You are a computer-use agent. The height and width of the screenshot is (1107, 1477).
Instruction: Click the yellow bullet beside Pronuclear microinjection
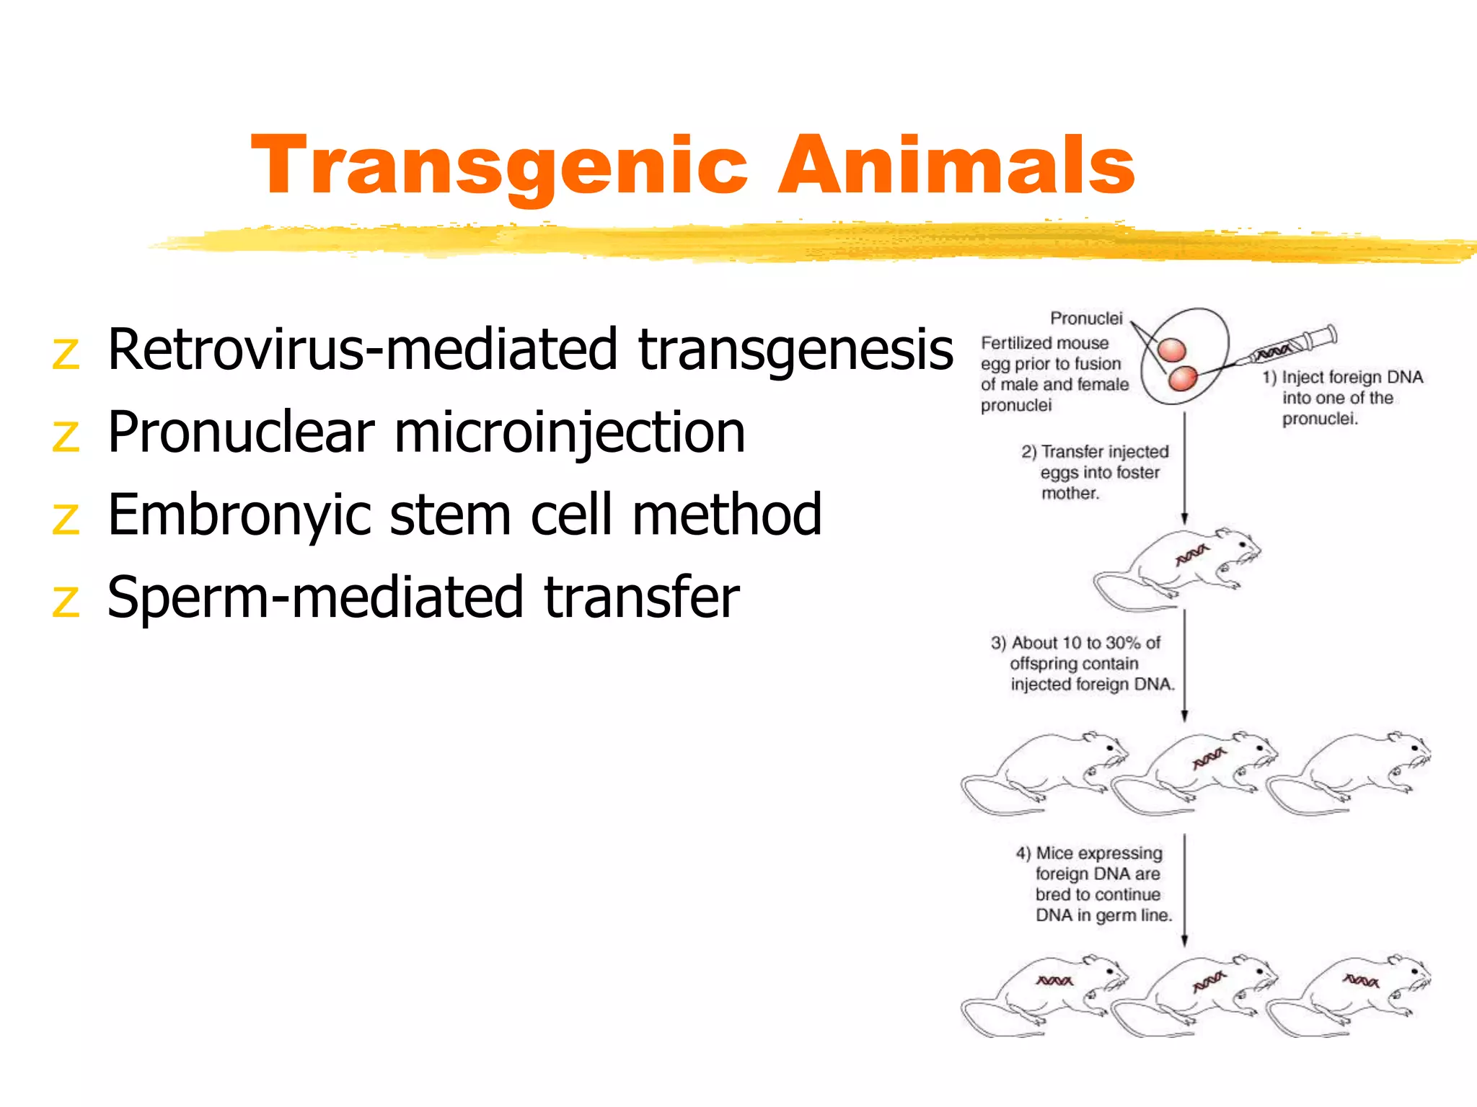pyautogui.click(x=66, y=437)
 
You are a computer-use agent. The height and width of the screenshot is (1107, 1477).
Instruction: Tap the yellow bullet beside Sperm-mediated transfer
pyautogui.click(x=66, y=601)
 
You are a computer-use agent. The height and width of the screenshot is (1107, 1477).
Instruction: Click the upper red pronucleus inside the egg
pyautogui.click(x=1172, y=351)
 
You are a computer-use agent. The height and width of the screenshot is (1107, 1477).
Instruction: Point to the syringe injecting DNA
pyautogui.click(x=1291, y=346)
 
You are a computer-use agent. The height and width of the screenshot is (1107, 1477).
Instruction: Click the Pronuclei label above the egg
pyautogui.click(x=1086, y=319)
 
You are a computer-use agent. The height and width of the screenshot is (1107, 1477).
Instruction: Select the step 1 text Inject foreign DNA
pyautogui.click(x=1352, y=378)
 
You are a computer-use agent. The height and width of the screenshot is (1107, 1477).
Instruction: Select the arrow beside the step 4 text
pyautogui.click(x=1184, y=890)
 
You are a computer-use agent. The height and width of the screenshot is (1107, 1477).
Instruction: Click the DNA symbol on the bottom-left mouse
pyautogui.click(x=1054, y=981)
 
